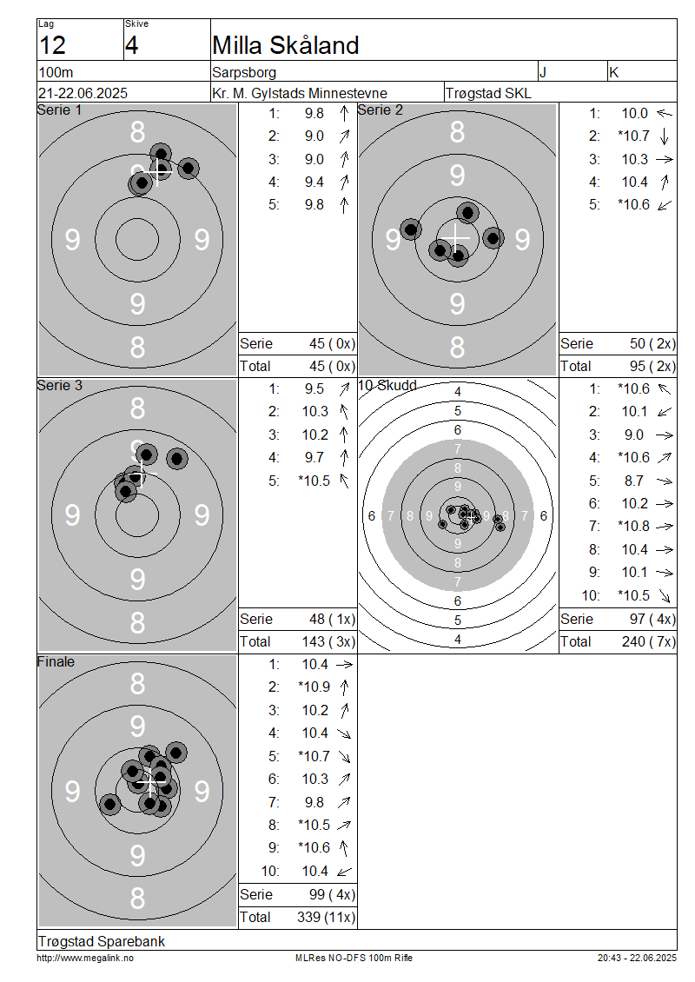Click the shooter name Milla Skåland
pos(286,45)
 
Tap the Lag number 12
pos(52,45)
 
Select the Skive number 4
pos(131,45)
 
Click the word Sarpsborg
pos(244,72)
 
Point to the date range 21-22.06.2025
pos(83,93)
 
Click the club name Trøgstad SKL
pos(488,93)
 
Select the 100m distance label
pos(56,72)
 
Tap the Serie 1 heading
pos(59,110)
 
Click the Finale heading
pos(56,661)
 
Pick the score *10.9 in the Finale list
pos(314,687)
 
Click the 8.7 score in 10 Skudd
pos(633,481)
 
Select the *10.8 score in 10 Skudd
pos(633,526)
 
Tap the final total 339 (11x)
pos(326,918)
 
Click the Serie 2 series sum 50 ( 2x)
pos(652,344)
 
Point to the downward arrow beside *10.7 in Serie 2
pos(665,136)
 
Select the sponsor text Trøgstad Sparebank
pos(102,941)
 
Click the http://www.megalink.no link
pos(85,959)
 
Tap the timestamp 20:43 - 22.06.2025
pos(637,959)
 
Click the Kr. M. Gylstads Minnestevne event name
pos(300,93)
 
